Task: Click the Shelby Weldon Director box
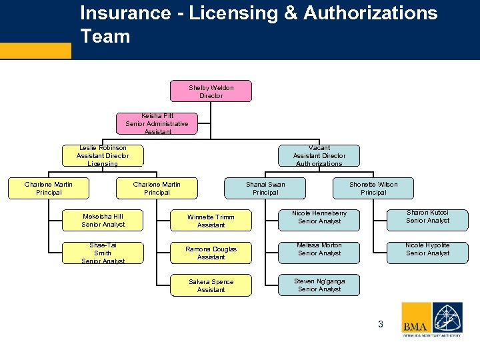point(211,91)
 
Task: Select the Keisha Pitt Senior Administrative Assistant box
point(157,123)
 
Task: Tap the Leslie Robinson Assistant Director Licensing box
point(103,155)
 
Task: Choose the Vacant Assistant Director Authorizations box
point(319,155)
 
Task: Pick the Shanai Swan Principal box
point(265,189)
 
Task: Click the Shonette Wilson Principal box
point(373,189)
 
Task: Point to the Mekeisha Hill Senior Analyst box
point(103,221)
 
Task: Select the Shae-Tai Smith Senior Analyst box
point(103,253)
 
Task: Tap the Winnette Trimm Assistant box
point(211,221)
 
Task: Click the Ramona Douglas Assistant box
point(211,253)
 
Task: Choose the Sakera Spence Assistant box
point(211,285)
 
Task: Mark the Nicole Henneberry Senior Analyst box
point(319,217)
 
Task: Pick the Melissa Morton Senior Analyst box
point(319,249)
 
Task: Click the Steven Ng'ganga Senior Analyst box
point(319,285)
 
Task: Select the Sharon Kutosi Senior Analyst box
point(427,217)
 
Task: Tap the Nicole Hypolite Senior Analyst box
point(427,249)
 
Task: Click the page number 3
point(381,325)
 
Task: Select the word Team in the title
point(105,36)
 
